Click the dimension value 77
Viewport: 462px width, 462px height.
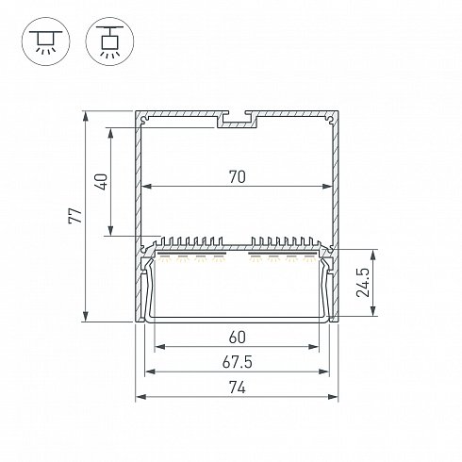(x=75, y=215)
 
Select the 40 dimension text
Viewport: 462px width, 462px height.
(x=102, y=182)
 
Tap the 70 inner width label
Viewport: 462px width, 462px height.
(x=237, y=176)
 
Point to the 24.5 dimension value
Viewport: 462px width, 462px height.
(x=363, y=283)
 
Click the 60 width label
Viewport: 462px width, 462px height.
(x=237, y=338)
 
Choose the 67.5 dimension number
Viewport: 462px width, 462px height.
(x=237, y=362)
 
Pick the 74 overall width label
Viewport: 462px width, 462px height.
(x=237, y=388)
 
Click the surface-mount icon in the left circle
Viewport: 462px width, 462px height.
(x=46, y=41)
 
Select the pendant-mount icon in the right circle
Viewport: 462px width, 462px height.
(x=109, y=41)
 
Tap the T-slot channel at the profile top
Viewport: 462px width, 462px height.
(x=237, y=120)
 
